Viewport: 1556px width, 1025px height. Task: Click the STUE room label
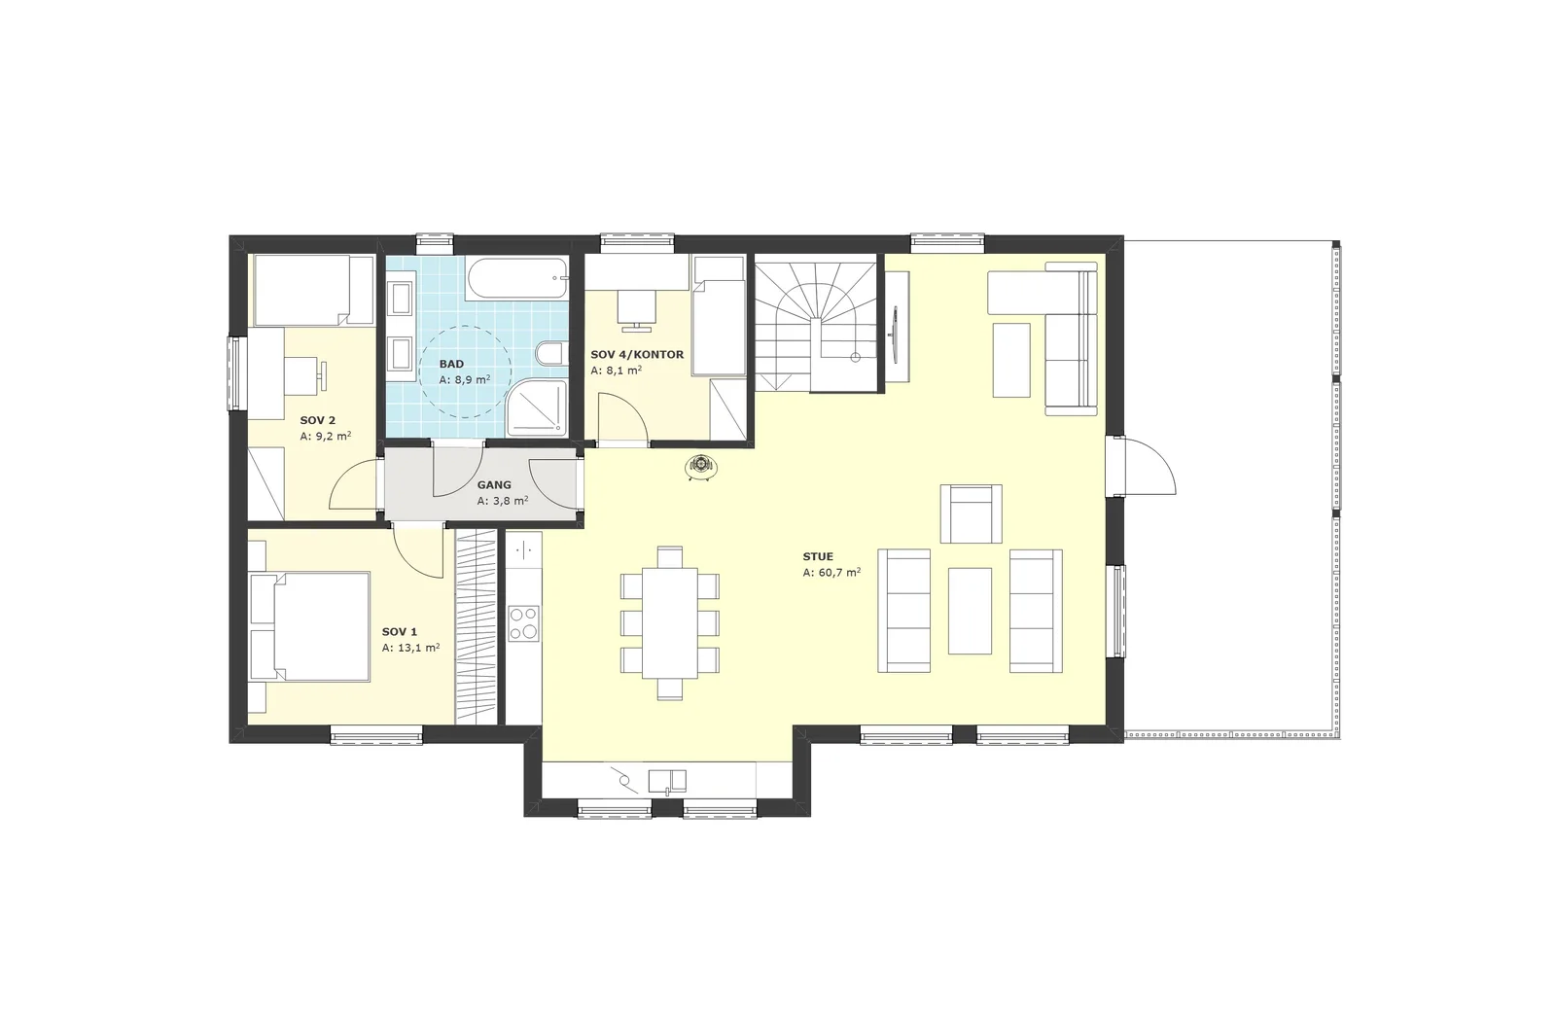click(x=818, y=556)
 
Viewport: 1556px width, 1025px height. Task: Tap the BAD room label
click(x=451, y=364)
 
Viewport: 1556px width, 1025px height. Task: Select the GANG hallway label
click(x=494, y=484)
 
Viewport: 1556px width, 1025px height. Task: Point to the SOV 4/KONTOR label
click(x=637, y=354)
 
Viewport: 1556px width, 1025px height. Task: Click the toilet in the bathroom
click(x=551, y=353)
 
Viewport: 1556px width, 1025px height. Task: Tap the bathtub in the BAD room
click(x=516, y=279)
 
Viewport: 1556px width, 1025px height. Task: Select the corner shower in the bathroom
click(x=537, y=408)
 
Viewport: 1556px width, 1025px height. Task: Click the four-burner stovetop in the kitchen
click(x=523, y=623)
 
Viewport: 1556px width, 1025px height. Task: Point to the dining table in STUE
click(x=670, y=623)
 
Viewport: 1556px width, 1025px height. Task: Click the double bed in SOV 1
click(x=309, y=627)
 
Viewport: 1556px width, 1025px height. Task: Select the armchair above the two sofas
click(x=972, y=513)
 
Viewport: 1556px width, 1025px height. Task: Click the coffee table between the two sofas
click(x=970, y=611)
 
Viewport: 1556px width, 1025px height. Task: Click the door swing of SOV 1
click(x=418, y=552)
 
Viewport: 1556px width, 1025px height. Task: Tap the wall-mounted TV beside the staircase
click(x=895, y=334)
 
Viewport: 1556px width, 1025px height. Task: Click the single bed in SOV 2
click(x=314, y=290)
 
